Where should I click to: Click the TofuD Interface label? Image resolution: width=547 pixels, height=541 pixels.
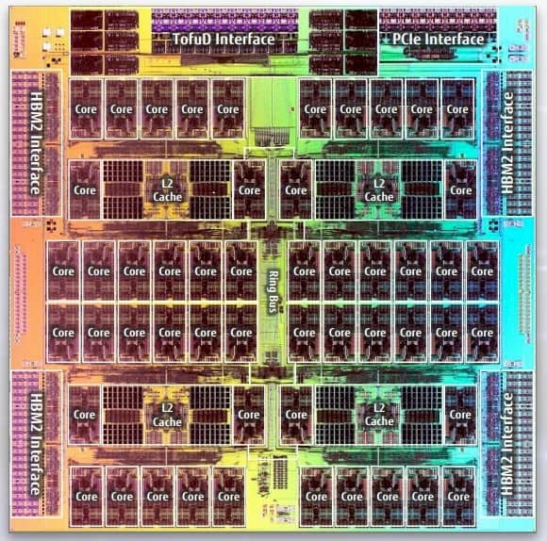pyautogui.click(x=223, y=40)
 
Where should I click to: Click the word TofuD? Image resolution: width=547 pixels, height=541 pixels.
pyautogui.click(x=191, y=40)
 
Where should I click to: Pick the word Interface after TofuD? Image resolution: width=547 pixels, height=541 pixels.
pyautogui.click(x=243, y=40)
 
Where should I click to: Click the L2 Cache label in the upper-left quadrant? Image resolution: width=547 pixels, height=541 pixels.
pyautogui.click(x=161, y=190)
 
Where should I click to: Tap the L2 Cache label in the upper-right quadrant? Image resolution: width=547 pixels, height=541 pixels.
pyautogui.click(x=379, y=190)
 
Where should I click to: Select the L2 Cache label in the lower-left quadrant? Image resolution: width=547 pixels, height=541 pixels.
pyautogui.click(x=161, y=416)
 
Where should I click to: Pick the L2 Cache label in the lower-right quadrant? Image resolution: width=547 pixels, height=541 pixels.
pyautogui.click(x=379, y=416)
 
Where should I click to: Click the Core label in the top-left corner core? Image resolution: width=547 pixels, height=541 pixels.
pyautogui.click(x=86, y=109)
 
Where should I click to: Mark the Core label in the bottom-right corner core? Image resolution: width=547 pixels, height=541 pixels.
pyautogui.click(x=458, y=497)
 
